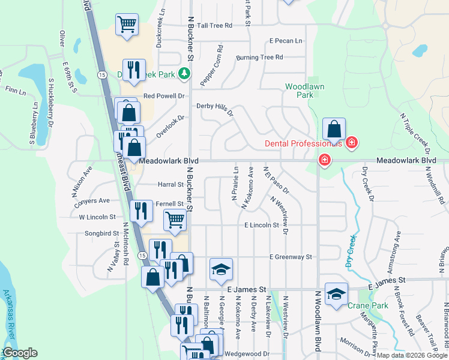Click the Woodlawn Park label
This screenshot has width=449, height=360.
coord(304,91)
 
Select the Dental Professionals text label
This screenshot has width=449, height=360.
coord(304,143)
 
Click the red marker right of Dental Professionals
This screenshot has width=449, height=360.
coord(352,143)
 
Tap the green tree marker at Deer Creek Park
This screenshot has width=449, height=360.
coord(185,74)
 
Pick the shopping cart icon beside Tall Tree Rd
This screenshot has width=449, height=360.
coord(126,25)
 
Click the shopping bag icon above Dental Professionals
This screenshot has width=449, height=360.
coord(334,128)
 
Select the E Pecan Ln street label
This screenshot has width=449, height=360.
coord(286,41)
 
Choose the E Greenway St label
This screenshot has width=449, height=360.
coord(291,257)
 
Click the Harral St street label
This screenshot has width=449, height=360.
coord(170,185)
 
